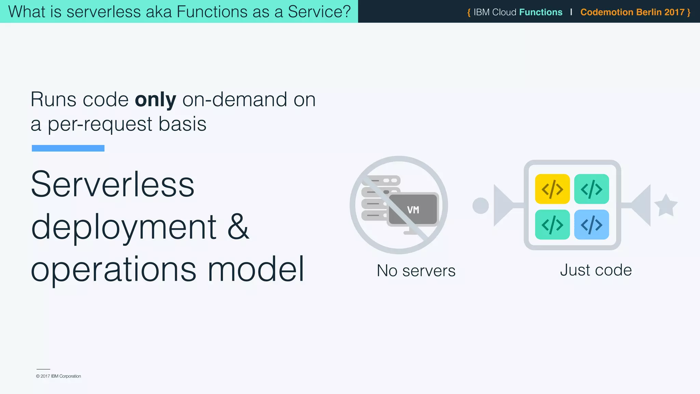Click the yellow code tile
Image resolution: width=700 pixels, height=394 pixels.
click(552, 189)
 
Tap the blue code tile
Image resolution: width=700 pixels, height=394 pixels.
click(591, 225)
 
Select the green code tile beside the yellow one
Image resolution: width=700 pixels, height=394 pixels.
click(591, 189)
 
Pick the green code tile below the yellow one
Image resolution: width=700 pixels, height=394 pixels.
click(552, 225)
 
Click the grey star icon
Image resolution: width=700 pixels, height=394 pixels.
click(666, 206)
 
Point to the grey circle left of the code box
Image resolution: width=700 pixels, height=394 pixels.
click(481, 206)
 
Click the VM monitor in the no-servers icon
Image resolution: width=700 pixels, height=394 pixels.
click(413, 210)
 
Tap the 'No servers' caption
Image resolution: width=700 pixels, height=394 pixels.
click(416, 271)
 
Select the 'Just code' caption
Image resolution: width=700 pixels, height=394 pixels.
click(596, 270)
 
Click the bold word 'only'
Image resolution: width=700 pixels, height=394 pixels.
click(156, 100)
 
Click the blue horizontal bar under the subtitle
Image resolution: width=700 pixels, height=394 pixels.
click(68, 148)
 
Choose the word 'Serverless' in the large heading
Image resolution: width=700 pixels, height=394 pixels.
click(112, 185)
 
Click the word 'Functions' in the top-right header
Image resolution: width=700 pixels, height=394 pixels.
click(541, 12)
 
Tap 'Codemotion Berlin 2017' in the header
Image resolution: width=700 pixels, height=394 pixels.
click(632, 12)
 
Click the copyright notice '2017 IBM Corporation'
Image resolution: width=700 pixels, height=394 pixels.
click(59, 376)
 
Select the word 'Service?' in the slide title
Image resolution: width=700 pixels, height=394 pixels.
click(319, 12)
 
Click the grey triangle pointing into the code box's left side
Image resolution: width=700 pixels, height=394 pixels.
click(502, 206)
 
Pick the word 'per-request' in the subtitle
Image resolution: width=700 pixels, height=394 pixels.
click(100, 124)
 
